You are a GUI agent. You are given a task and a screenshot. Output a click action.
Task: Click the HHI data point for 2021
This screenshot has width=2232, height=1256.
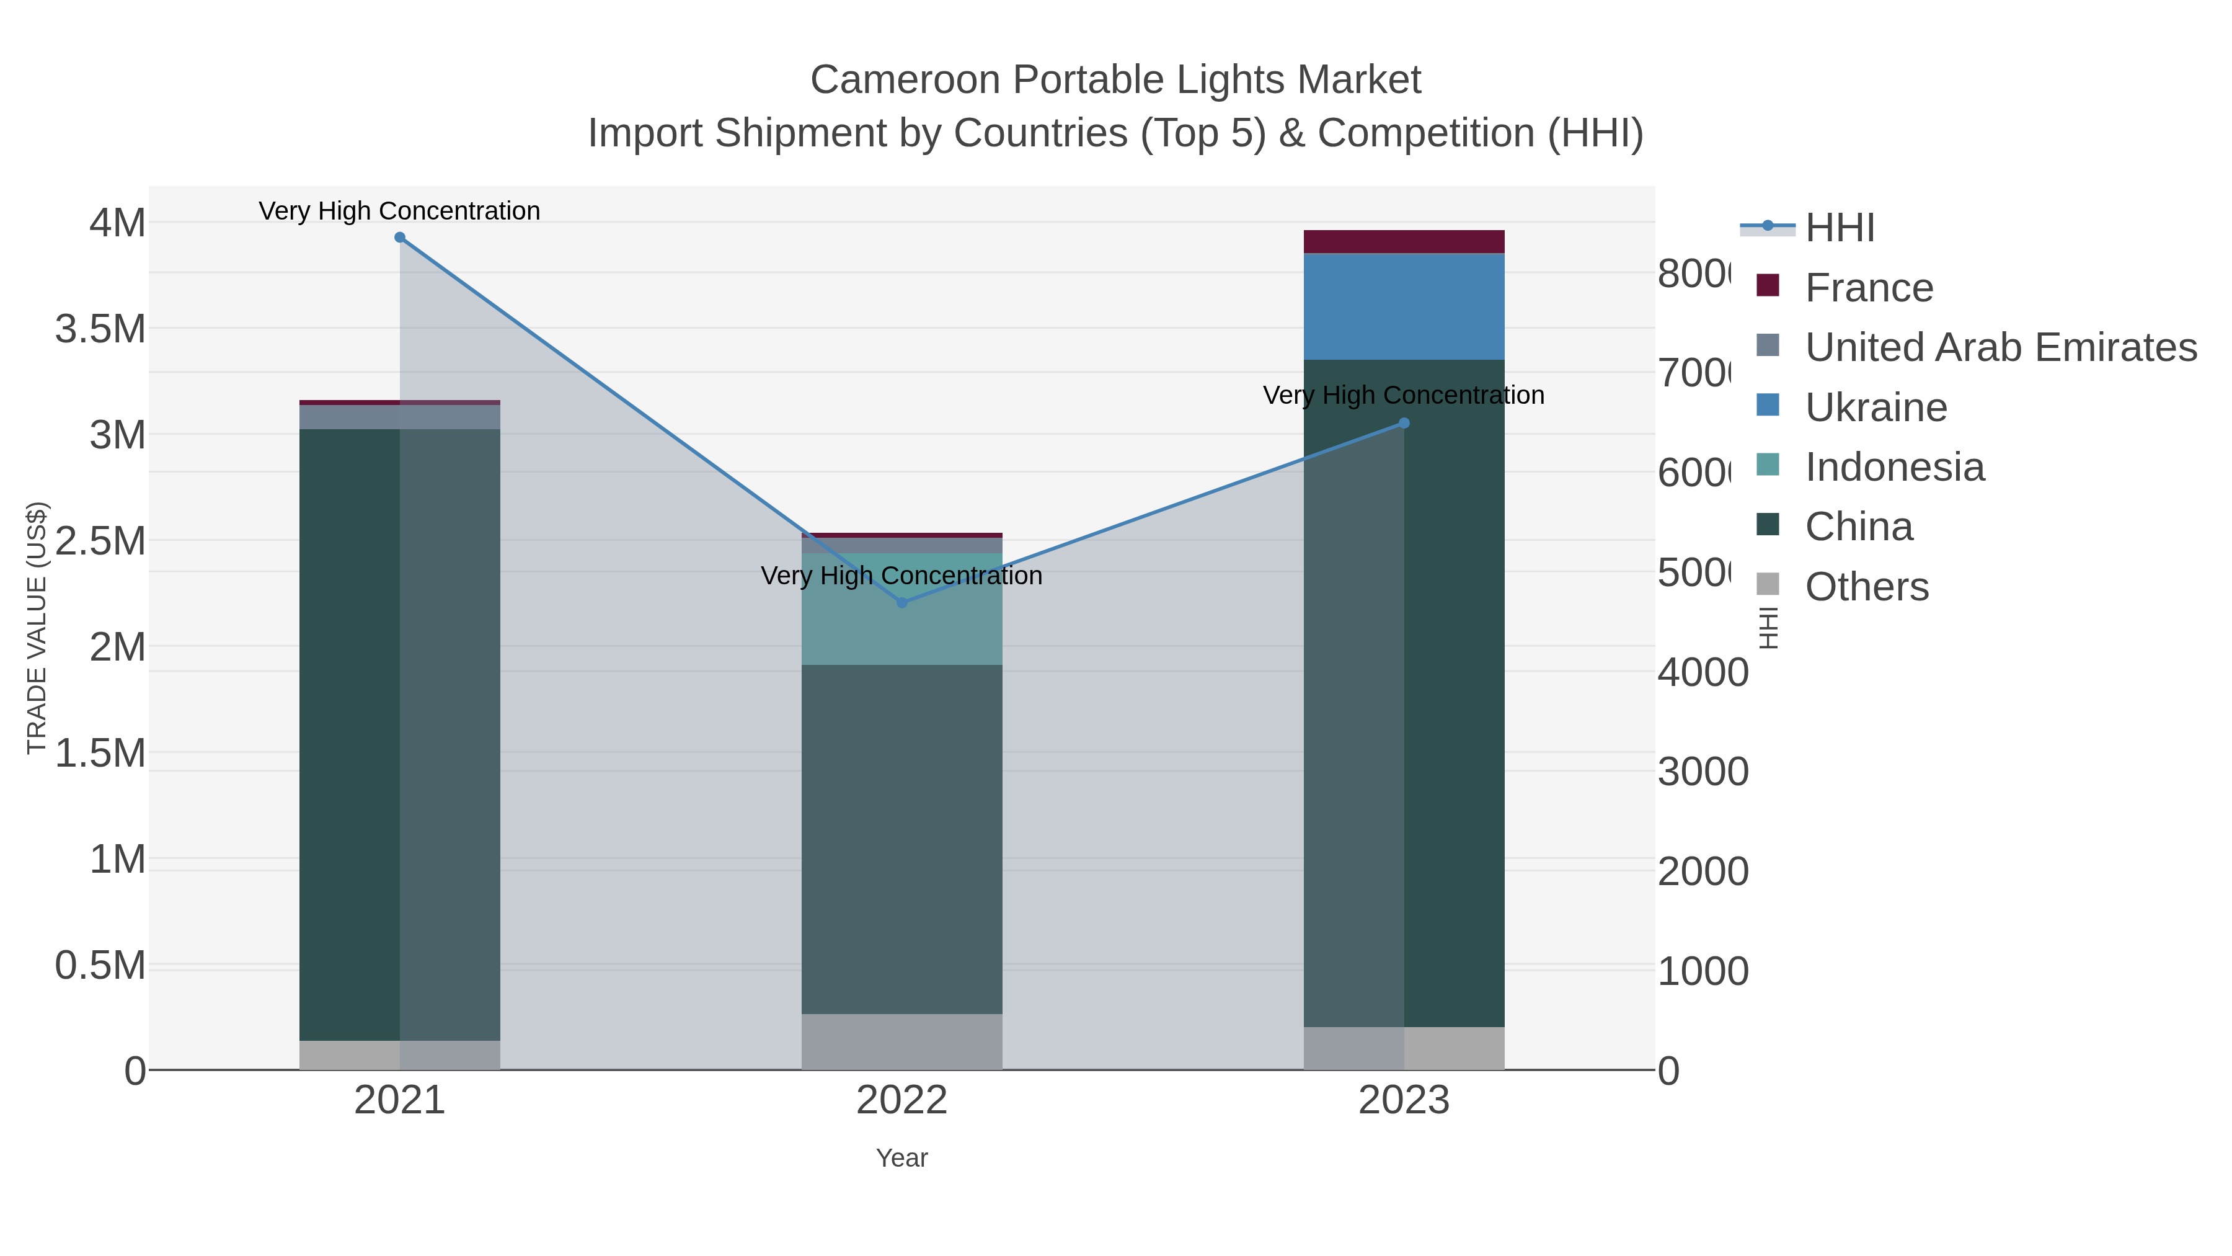[399, 238]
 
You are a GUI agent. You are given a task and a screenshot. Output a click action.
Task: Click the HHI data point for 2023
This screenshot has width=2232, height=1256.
[1404, 423]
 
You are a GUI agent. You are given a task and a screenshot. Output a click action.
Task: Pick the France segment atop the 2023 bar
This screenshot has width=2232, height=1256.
[1404, 242]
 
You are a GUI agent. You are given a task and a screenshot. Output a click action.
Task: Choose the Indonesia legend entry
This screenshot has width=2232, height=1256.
[1894, 467]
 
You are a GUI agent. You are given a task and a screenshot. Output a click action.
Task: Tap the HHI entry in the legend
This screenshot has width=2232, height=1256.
[1840, 228]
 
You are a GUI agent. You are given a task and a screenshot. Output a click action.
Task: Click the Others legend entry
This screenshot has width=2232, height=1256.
[1866, 587]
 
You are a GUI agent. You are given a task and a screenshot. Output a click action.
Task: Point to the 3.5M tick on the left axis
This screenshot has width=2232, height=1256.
[100, 329]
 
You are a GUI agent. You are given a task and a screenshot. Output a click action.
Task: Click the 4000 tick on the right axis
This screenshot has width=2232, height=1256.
[1703, 672]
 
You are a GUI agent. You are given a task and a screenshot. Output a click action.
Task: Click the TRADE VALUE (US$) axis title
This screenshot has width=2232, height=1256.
[37, 628]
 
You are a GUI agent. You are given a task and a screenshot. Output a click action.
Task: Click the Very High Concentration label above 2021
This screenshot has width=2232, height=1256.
[399, 211]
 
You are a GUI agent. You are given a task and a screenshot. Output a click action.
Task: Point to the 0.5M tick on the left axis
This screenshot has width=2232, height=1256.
[100, 966]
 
